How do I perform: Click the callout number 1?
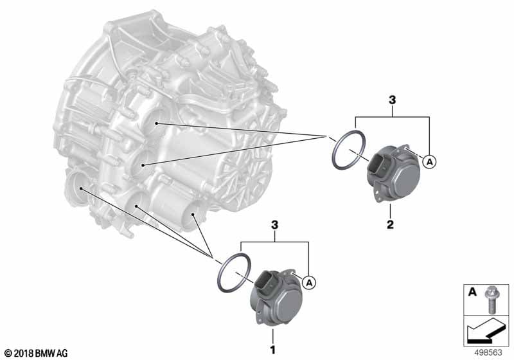coord(272,350)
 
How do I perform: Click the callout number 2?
coord(390,224)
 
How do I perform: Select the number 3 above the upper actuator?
coord(392,100)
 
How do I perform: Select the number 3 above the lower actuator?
coord(274,225)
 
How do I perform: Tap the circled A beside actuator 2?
coord(429,161)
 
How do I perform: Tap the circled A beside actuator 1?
coord(309,282)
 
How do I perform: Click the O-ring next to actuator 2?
coord(348,150)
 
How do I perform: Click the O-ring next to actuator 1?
coord(233,273)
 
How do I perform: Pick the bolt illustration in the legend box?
coord(491,300)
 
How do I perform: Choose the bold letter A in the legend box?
coord(472,291)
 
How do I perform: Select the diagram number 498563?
coord(488,352)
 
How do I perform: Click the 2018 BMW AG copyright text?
coord(36,354)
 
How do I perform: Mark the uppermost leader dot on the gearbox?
coord(157,123)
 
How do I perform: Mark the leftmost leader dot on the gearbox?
coord(81,188)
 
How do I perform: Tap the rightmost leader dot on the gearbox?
coord(193,215)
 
